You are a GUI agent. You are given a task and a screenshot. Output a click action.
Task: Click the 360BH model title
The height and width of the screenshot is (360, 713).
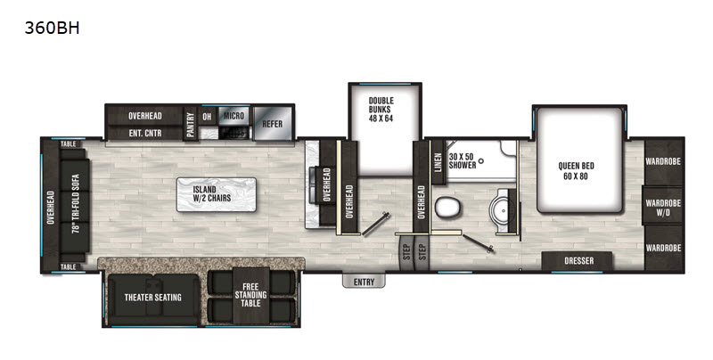pyautogui.click(x=52, y=29)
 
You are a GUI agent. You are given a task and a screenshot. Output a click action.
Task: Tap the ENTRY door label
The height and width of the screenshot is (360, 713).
pyautogui.click(x=364, y=282)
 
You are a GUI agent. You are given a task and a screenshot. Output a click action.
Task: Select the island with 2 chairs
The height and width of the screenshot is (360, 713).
pyautogui.click(x=217, y=194)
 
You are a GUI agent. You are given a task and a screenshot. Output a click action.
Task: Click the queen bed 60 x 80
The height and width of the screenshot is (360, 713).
pyautogui.click(x=579, y=160)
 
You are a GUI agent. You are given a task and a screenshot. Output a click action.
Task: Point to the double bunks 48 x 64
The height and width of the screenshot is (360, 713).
pyautogui.click(x=385, y=129)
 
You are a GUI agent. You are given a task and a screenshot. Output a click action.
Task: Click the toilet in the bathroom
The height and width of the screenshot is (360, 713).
pyautogui.click(x=448, y=209)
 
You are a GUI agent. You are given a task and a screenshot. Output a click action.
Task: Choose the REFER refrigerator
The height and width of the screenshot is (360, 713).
pyautogui.click(x=273, y=123)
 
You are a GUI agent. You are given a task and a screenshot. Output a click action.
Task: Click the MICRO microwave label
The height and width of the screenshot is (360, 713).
pyautogui.click(x=234, y=116)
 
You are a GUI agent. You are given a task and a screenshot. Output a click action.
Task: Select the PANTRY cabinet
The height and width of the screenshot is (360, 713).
pyautogui.click(x=190, y=124)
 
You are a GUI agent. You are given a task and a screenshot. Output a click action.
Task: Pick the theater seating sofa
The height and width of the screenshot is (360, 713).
pyautogui.click(x=153, y=298)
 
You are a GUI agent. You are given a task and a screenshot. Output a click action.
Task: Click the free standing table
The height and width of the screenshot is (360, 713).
pyautogui.click(x=250, y=295)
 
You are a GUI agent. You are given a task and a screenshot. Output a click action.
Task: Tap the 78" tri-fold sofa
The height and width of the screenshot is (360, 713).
pyautogui.click(x=75, y=204)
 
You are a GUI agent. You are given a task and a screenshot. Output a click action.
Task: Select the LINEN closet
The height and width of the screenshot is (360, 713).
pyautogui.click(x=438, y=162)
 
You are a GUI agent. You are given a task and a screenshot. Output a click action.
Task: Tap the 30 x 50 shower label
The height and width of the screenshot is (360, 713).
pyautogui.click(x=463, y=161)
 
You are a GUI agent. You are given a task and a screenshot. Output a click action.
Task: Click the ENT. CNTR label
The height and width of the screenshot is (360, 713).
pyautogui.click(x=145, y=133)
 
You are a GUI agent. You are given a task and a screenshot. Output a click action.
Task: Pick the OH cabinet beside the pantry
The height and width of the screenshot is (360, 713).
pyautogui.click(x=207, y=117)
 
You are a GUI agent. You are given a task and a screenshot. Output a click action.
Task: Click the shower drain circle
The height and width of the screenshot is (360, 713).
pyautogui.click(x=481, y=160)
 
